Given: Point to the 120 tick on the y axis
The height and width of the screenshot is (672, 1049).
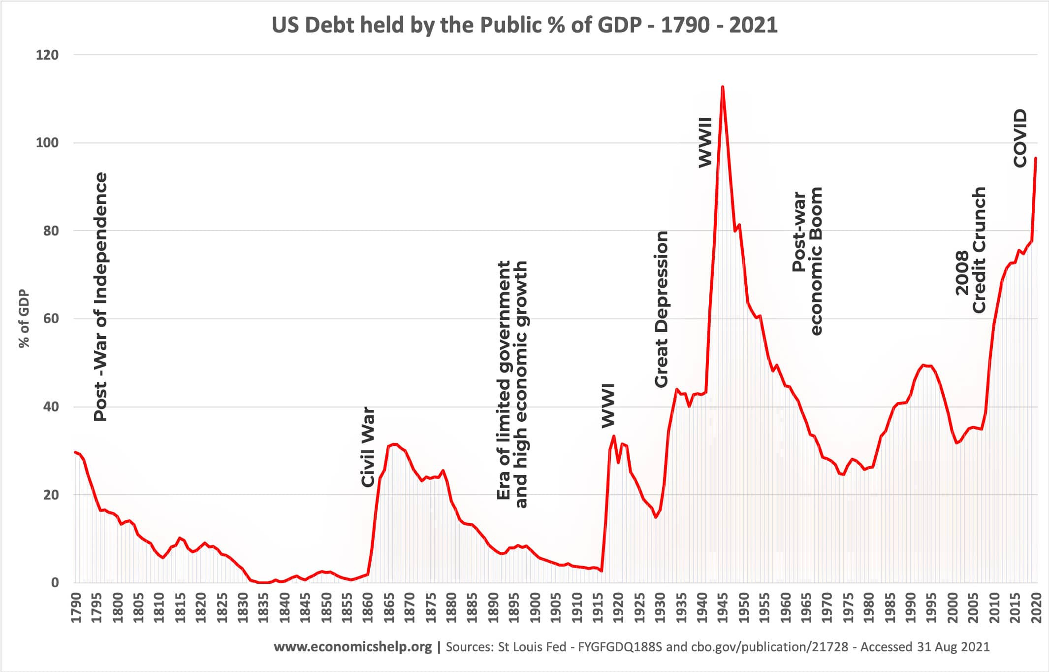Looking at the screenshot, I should (47, 55).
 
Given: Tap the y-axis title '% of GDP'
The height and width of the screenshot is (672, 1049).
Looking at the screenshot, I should (24, 319).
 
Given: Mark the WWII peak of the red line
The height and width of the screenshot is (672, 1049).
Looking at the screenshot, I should (722, 87).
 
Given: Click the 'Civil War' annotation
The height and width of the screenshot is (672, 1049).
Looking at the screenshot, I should (368, 447).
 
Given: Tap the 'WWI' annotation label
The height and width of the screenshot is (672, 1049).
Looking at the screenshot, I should (609, 405).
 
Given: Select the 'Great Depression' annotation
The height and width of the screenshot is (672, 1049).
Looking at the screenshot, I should (661, 309).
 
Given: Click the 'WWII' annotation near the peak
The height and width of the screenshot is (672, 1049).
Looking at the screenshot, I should (705, 142).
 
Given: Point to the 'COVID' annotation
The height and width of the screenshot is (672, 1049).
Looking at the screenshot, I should (1020, 138).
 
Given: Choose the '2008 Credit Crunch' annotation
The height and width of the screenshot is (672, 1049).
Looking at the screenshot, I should (971, 250).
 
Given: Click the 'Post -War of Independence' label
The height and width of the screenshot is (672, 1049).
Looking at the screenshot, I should (100, 297).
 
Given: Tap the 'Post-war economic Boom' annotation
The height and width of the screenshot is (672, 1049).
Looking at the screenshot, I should (807, 261).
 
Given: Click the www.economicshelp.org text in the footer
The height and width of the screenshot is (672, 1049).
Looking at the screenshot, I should (352, 646).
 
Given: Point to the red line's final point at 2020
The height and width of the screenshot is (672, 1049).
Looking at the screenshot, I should (1036, 159).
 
